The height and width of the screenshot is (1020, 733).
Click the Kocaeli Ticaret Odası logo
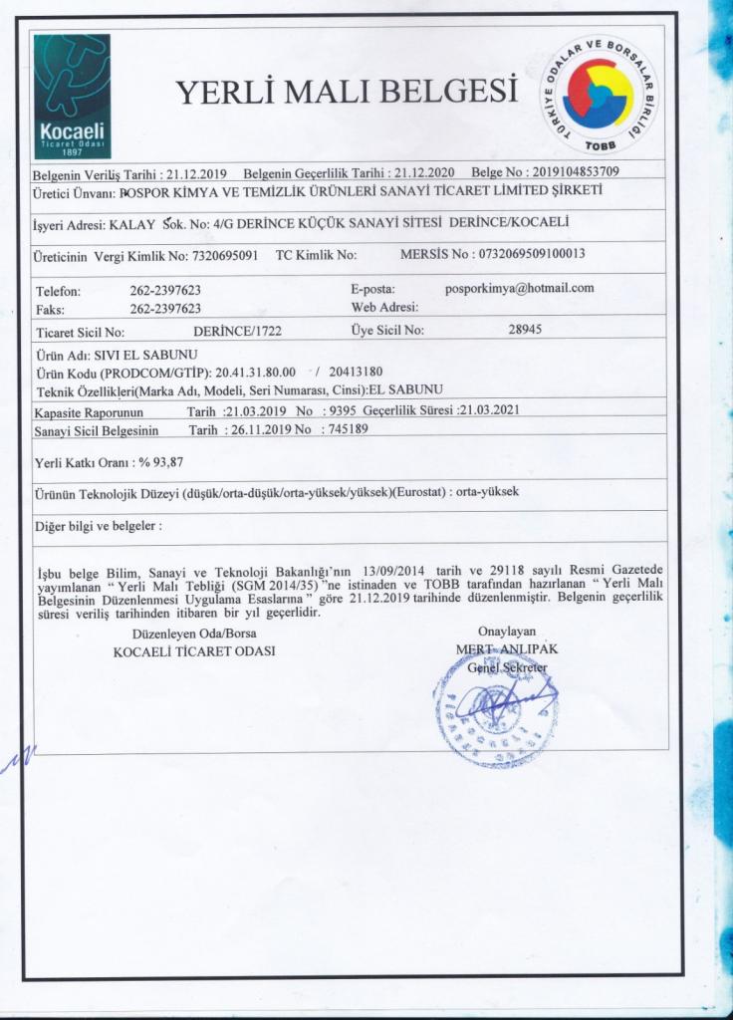point(74,99)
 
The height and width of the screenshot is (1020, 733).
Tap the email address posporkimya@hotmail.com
point(519,288)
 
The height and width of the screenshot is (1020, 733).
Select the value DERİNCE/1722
point(237,331)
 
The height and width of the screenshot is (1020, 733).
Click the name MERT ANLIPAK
point(507,648)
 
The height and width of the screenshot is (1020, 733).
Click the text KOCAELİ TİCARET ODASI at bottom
point(195,650)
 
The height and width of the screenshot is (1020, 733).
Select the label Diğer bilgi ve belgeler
point(96,526)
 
